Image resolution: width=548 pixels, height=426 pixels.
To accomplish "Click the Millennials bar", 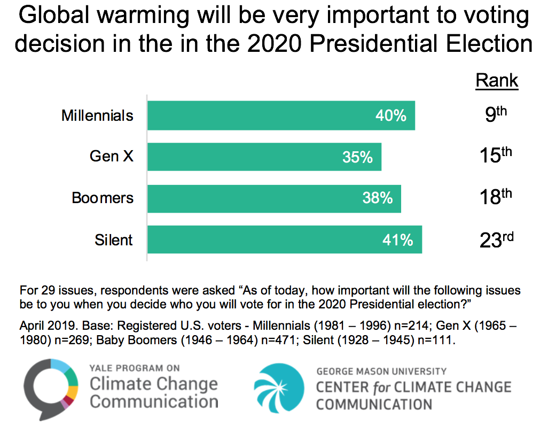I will (281, 115).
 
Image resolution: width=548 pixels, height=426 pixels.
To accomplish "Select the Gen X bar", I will (264, 157).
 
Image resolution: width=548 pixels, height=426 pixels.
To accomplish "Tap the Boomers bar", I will (274, 198).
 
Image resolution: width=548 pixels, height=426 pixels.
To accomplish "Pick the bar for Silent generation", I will (285, 239).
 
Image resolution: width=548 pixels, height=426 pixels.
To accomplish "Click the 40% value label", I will (391, 115).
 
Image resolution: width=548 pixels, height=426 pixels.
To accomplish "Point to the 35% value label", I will (357, 157).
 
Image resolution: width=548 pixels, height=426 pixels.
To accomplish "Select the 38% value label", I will (377, 198).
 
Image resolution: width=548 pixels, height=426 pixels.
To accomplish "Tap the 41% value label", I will (398, 240).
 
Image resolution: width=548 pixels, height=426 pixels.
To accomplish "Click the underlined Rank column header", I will (497, 81).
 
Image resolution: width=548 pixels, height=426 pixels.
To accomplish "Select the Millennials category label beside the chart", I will (97, 115).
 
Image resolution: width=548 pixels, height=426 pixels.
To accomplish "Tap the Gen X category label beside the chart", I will (111, 157).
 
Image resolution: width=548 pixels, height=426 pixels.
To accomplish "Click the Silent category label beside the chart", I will (114, 240).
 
